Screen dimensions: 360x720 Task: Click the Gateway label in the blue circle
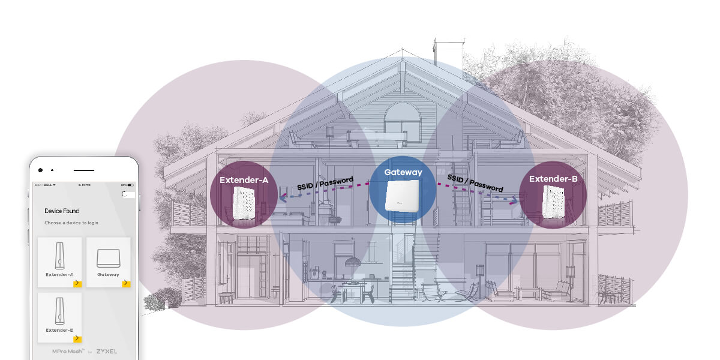(403, 172)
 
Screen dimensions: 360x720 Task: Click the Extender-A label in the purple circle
(244, 179)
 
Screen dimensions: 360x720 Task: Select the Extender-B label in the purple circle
(553, 179)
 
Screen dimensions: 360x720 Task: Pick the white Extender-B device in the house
(553, 202)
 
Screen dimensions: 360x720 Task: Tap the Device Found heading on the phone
(61, 211)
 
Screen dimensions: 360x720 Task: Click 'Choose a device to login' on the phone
(71, 223)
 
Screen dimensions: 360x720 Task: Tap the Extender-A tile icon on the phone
(59, 257)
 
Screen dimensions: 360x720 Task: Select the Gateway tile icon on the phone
(108, 258)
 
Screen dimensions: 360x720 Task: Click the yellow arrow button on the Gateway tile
(126, 283)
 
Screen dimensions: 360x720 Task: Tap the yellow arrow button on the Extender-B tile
(77, 338)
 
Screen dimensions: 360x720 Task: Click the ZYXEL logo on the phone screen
(106, 351)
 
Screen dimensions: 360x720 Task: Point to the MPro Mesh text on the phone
(65, 351)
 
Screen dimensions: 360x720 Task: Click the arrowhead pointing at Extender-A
(282, 194)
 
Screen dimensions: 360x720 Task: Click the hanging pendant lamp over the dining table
(352, 262)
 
